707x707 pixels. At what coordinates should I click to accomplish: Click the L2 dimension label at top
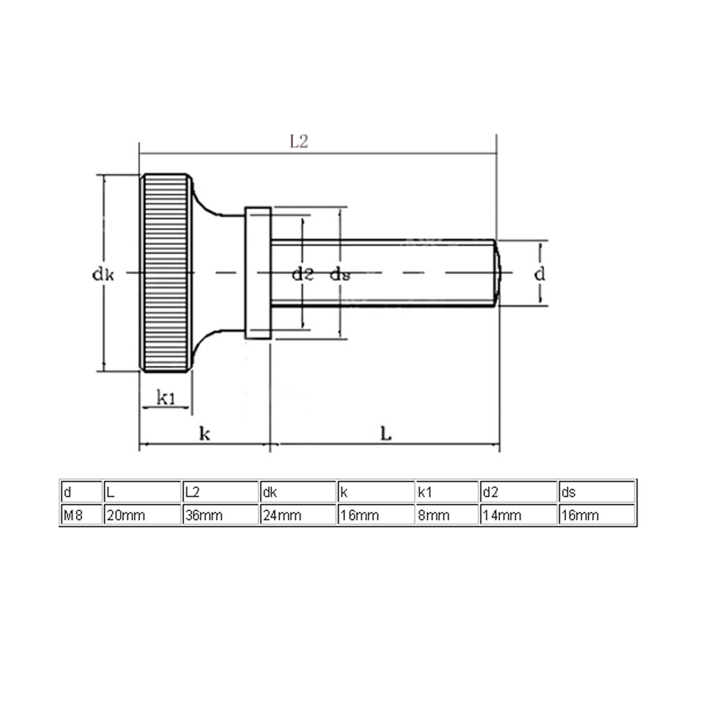click(299, 142)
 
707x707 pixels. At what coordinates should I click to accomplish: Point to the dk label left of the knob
click(103, 275)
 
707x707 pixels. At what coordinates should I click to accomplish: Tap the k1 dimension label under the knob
click(166, 398)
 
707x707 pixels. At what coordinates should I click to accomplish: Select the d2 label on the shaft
click(302, 275)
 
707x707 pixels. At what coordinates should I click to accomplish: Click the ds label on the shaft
click(340, 275)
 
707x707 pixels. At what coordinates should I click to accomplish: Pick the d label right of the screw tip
click(540, 274)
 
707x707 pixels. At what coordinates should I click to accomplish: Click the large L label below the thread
click(385, 434)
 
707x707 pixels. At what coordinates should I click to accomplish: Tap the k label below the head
click(204, 434)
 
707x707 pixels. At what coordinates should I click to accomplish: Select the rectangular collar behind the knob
click(258, 273)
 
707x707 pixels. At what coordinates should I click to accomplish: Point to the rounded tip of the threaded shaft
click(499, 273)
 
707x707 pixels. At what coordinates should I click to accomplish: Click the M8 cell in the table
click(73, 515)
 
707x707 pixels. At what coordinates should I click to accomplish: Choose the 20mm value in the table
click(126, 515)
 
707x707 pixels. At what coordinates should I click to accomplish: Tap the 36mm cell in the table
click(203, 515)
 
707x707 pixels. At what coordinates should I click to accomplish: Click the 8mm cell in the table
click(434, 515)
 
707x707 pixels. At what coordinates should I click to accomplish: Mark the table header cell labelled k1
click(425, 493)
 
